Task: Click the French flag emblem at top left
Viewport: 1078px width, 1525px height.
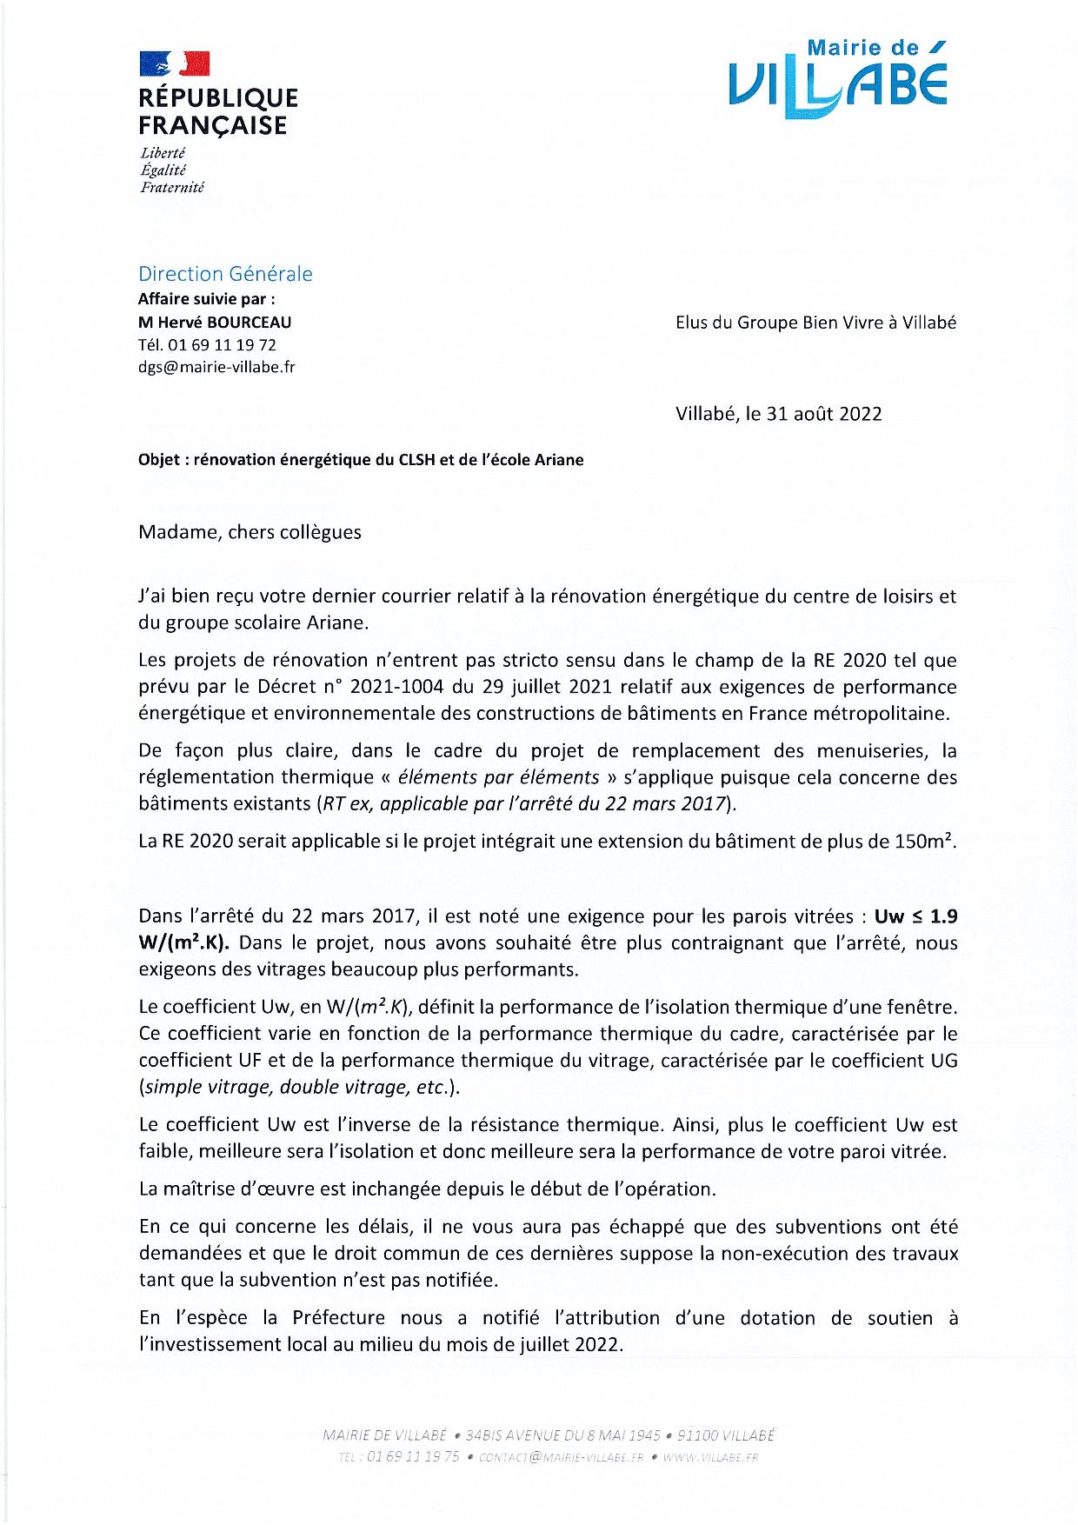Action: pos(175,63)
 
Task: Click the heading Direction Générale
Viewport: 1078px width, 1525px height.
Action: pos(225,274)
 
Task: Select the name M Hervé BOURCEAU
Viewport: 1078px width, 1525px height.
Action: pos(215,322)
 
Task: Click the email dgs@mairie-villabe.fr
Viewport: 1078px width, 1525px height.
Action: pos(216,367)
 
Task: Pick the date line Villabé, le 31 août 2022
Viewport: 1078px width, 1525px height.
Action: pos(778,414)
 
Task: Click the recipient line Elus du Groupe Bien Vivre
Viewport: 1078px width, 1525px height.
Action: pos(815,322)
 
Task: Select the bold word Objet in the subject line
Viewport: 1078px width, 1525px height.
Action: pos(159,460)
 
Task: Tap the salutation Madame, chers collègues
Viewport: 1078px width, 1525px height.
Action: pos(250,532)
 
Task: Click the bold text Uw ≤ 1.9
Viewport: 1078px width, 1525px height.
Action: pos(915,916)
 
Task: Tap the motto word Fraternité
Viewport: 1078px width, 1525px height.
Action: pos(171,187)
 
